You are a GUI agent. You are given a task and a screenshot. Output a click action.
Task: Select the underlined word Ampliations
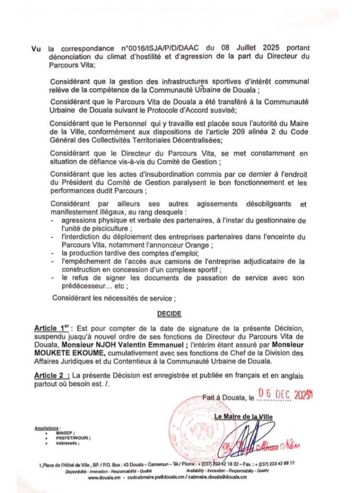(x=47, y=428)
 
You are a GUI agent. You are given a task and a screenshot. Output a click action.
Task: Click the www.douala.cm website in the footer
(x=104, y=477)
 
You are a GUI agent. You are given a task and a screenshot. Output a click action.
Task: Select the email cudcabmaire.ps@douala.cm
(x=151, y=477)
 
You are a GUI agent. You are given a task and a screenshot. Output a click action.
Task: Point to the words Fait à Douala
(x=224, y=398)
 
